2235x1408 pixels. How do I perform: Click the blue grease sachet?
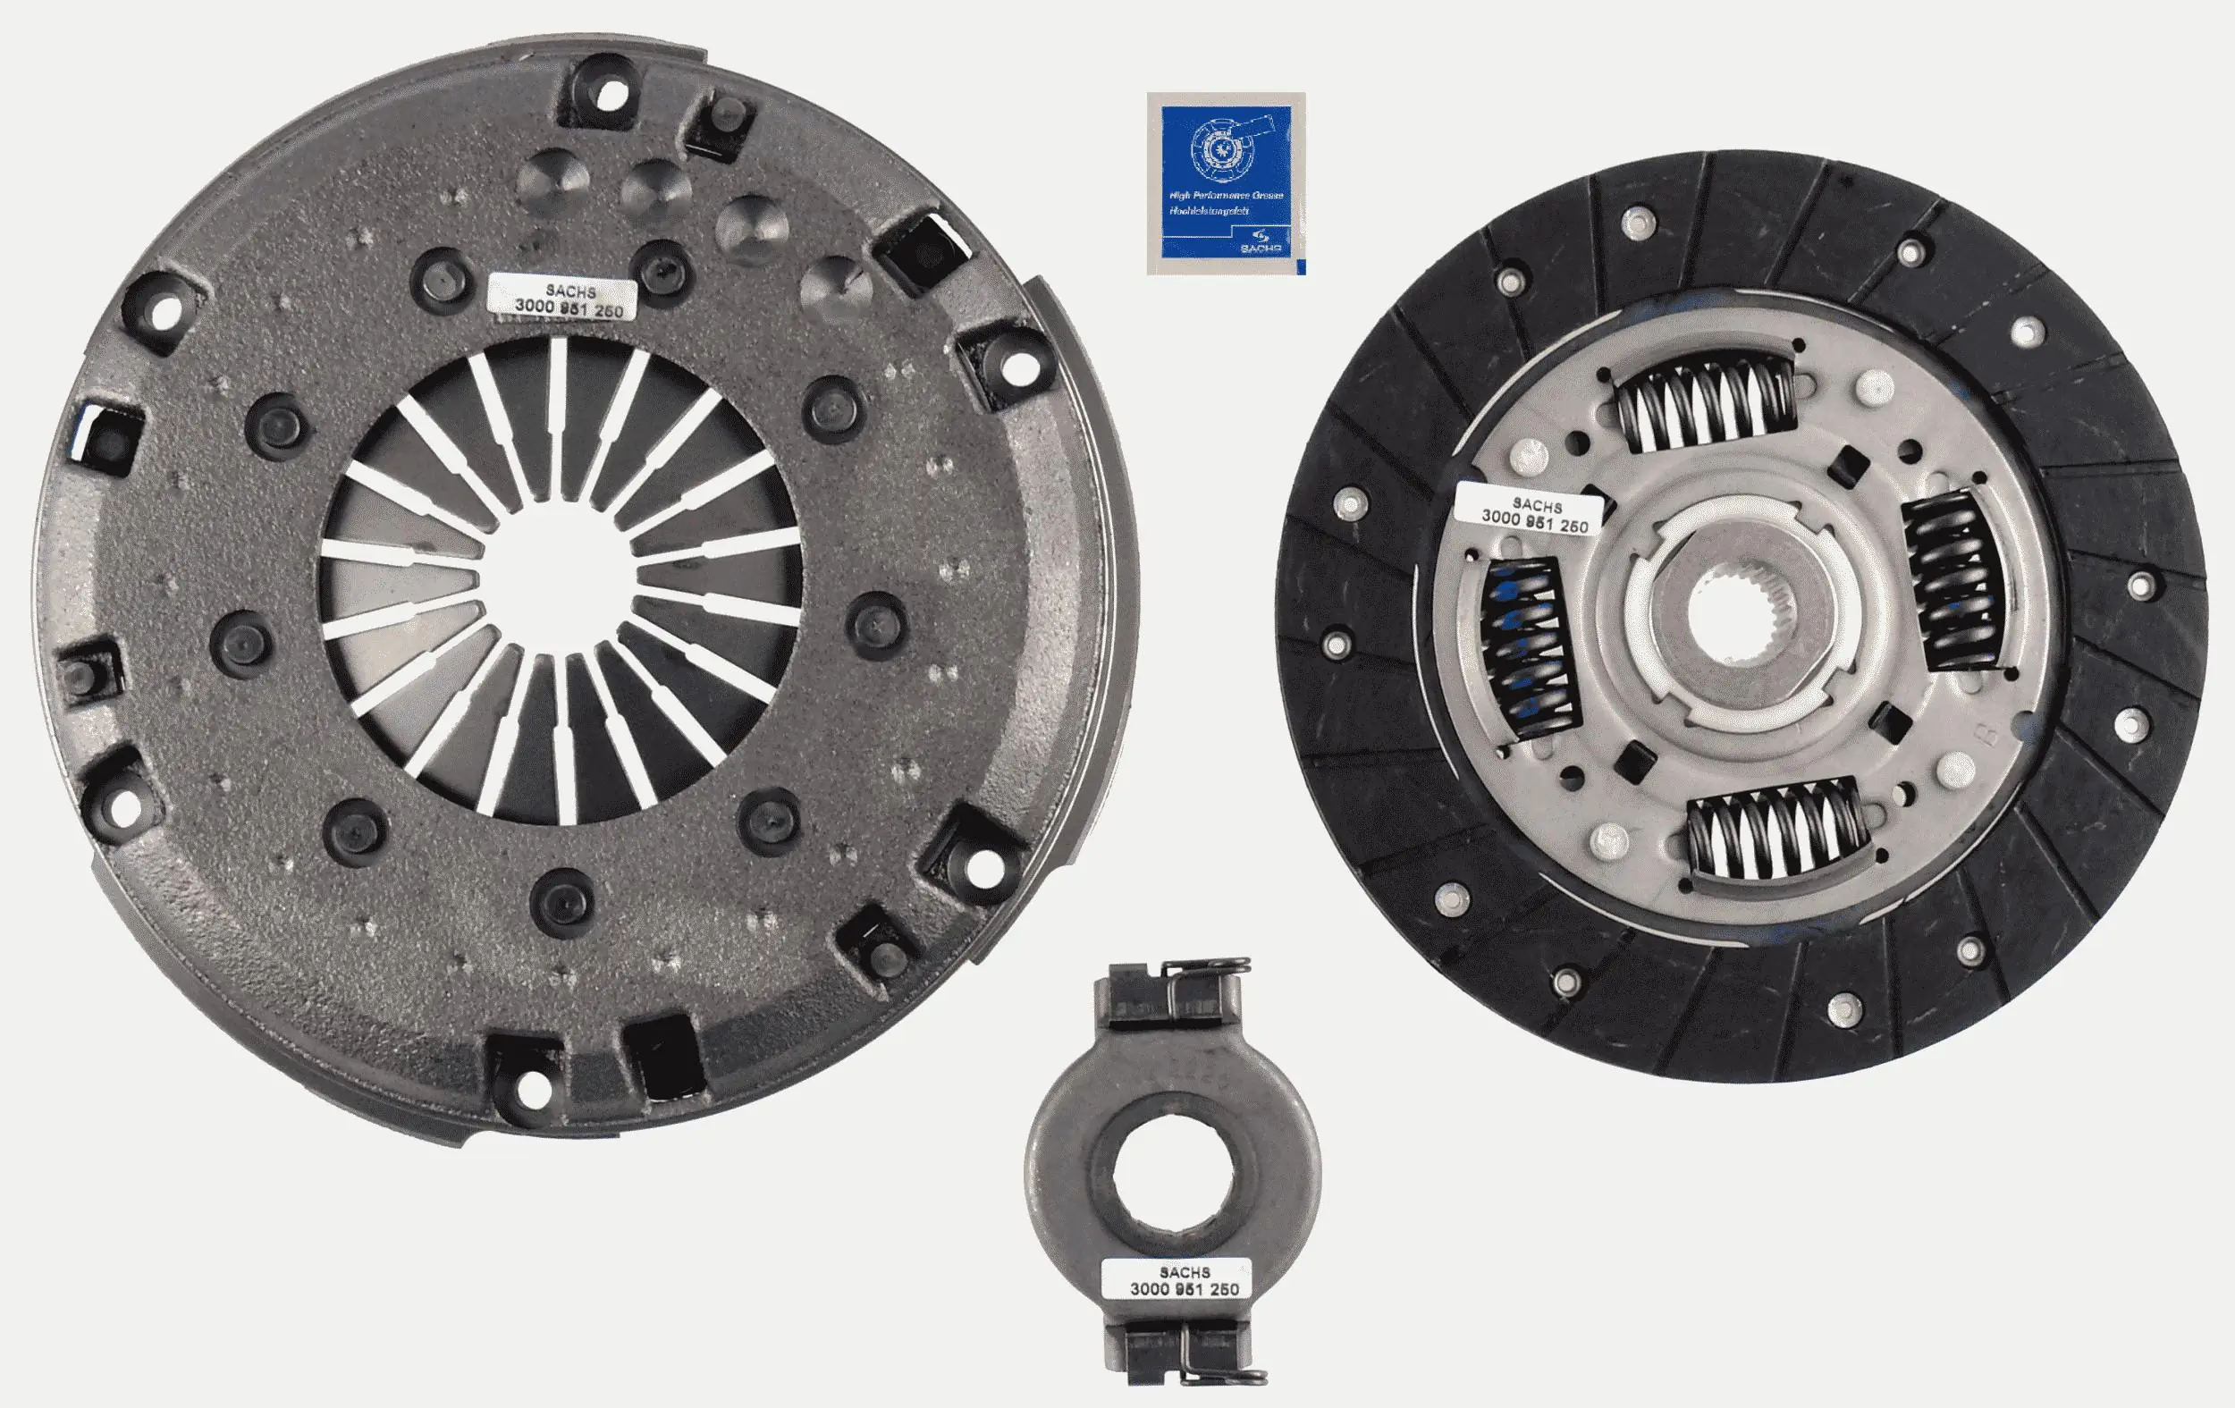pyautogui.click(x=1226, y=183)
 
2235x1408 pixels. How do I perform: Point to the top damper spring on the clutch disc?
pyautogui.click(x=1705, y=405)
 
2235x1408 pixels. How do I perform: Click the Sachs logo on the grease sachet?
pyautogui.click(x=1261, y=242)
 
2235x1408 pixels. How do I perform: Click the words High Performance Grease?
pyautogui.click(x=1225, y=196)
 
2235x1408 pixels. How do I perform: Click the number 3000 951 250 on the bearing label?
pyautogui.click(x=1184, y=1289)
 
